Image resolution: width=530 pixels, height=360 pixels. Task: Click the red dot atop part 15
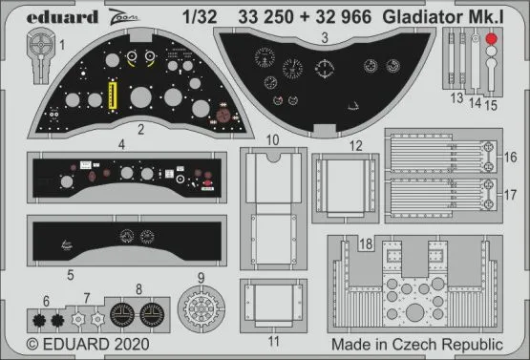click(x=491, y=39)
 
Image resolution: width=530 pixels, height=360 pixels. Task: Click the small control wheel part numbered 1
click(x=38, y=47)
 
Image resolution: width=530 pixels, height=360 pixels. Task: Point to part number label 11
click(x=273, y=339)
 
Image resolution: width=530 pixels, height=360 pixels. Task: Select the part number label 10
click(x=273, y=140)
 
